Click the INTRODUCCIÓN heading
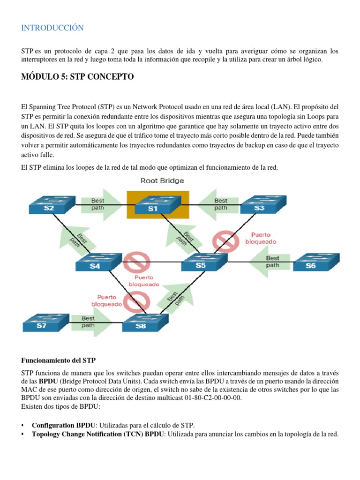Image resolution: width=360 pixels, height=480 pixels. point(52,28)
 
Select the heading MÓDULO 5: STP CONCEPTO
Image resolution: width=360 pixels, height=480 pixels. point(77,77)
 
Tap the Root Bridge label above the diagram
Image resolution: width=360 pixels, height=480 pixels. point(163,180)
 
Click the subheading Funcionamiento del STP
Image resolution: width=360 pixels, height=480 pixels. point(59,360)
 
